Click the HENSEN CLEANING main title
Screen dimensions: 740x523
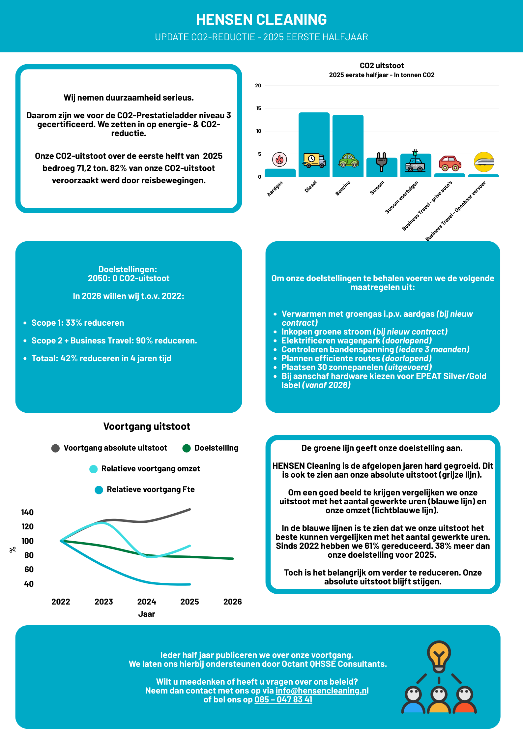click(261, 20)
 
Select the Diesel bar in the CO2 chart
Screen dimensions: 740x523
click(314, 138)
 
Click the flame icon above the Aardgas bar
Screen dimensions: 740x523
click(279, 160)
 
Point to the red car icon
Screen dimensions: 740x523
click(450, 163)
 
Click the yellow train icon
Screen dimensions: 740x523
click(484, 162)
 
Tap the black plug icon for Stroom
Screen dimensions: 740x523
click(382, 162)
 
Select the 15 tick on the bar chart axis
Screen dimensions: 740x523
click(259, 108)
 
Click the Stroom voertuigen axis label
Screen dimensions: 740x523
click(402, 197)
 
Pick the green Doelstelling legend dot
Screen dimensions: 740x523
click(187, 448)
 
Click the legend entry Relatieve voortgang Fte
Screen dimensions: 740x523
click(150, 489)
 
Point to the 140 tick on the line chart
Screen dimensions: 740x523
click(27, 513)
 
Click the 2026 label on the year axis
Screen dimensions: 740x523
click(232, 602)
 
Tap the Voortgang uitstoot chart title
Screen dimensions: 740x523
click(147, 427)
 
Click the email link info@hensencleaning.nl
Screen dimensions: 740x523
click(322, 691)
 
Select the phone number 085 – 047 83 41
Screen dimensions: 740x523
click(283, 699)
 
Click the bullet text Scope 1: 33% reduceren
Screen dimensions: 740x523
click(78, 323)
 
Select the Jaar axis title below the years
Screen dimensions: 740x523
click(147, 614)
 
